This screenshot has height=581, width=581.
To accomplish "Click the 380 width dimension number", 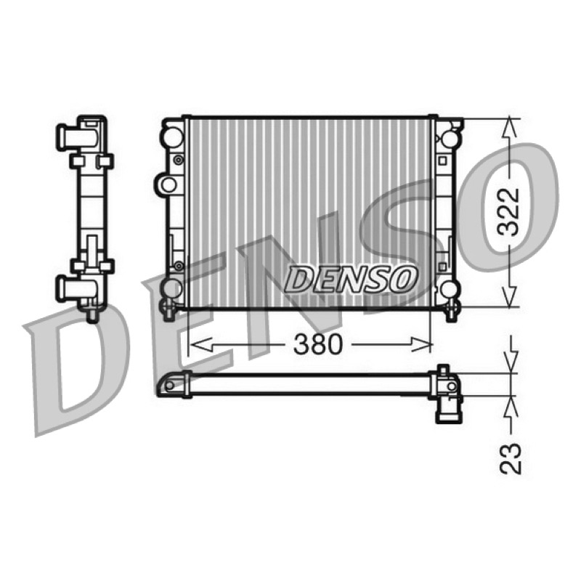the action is [x=317, y=344].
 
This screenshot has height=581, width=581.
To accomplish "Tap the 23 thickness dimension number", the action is [x=511, y=458].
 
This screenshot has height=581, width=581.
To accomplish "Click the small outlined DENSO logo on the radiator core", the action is [x=350, y=279].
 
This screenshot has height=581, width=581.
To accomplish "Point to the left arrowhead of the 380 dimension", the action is [x=201, y=344].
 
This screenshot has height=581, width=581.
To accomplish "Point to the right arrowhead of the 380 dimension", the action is [x=420, y=344].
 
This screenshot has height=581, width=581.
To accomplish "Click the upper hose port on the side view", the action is [x=76, y=138].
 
